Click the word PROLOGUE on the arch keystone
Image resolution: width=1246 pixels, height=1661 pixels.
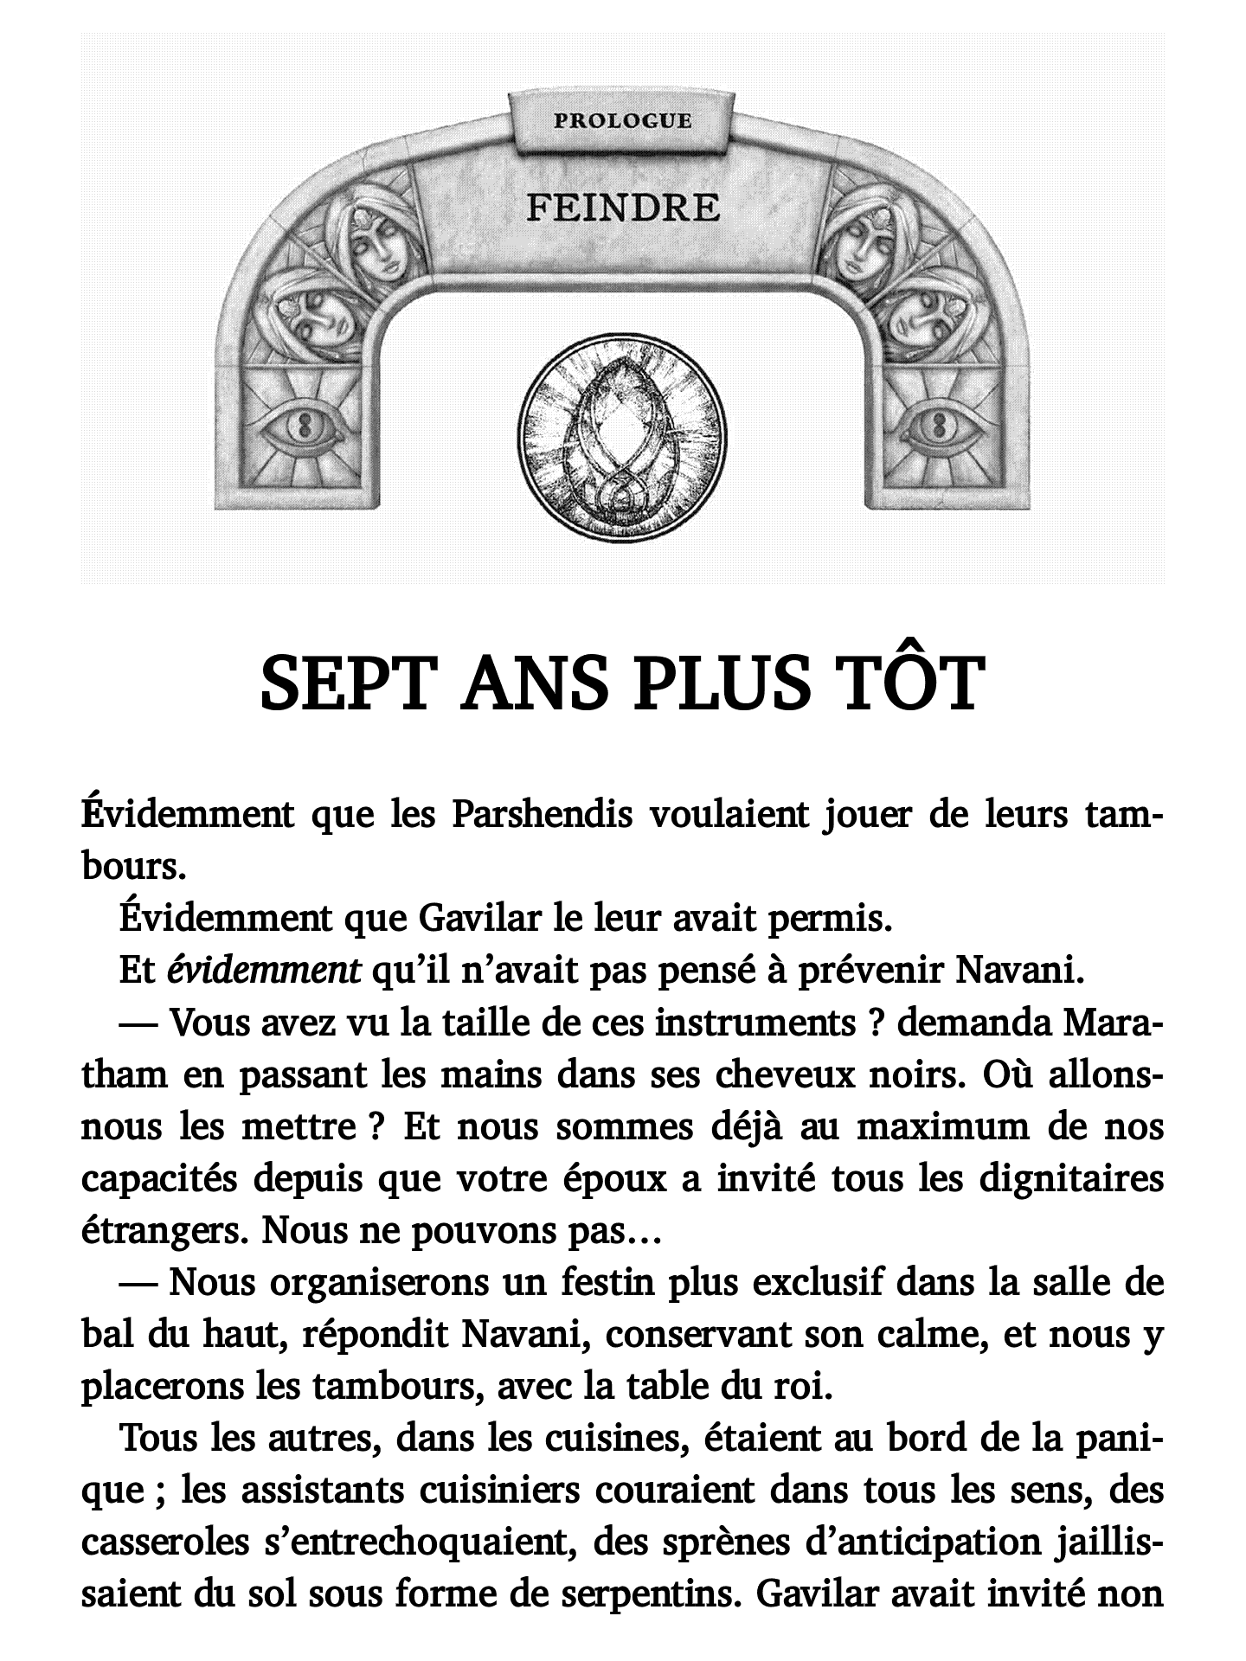[x=622, y=120]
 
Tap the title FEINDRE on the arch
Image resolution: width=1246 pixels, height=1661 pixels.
[x=622, y=208]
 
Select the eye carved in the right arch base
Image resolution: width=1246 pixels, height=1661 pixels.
[x=940, y=426]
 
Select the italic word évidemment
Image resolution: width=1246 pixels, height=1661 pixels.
[x=264, y=971]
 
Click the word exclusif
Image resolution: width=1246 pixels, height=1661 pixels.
[x=818, y=1283]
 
